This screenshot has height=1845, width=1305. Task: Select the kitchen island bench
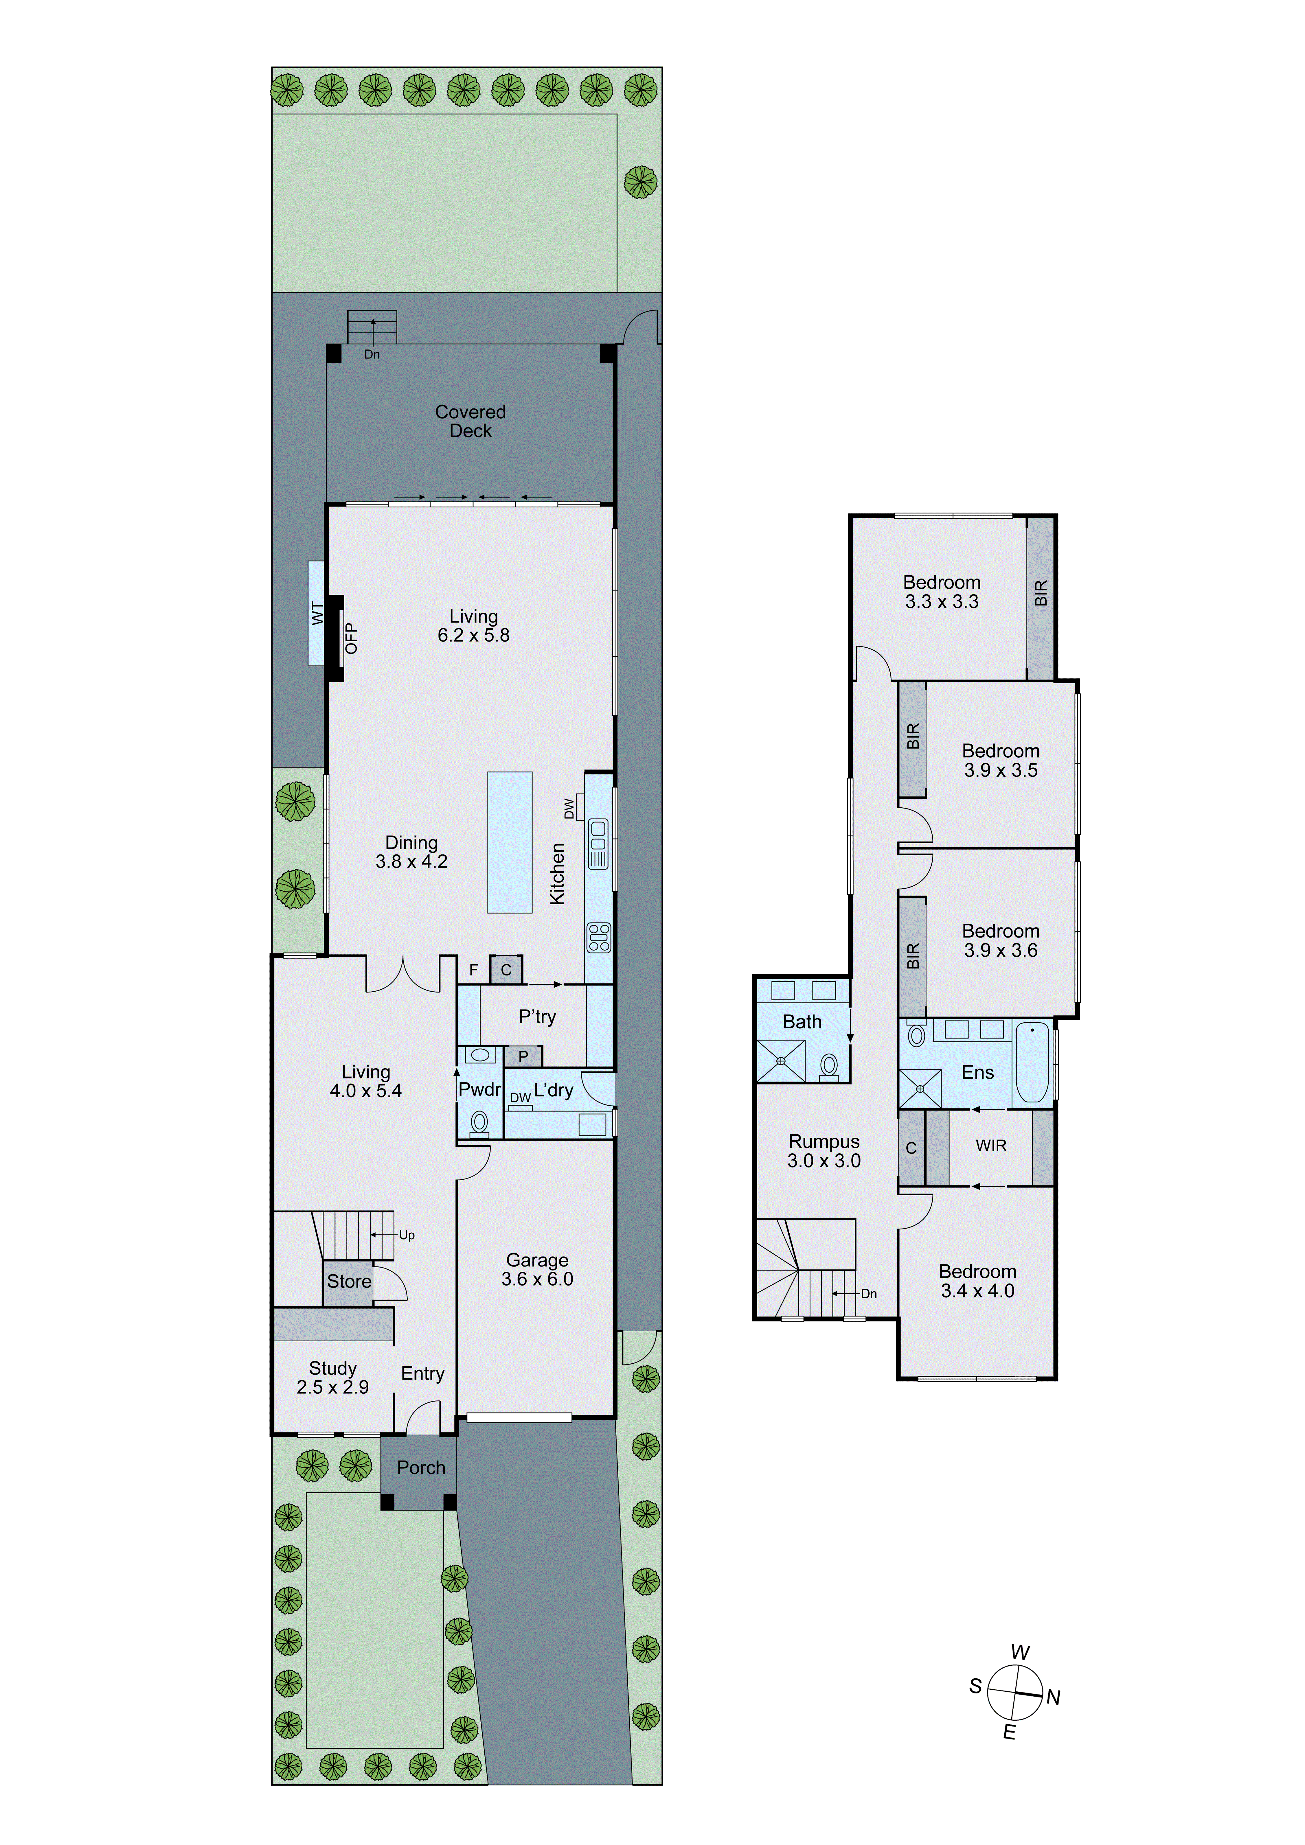click(510, 842)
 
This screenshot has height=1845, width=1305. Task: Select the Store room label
click(349, 1281)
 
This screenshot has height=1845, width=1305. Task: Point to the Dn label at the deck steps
click(372, 354)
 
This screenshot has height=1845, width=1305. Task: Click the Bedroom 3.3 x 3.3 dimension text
click(942, 602)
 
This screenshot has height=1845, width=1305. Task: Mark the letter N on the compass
click(1054, 1698)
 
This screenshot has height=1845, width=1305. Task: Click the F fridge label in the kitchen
click(473, 970)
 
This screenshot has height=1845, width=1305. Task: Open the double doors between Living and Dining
click(403, 974)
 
